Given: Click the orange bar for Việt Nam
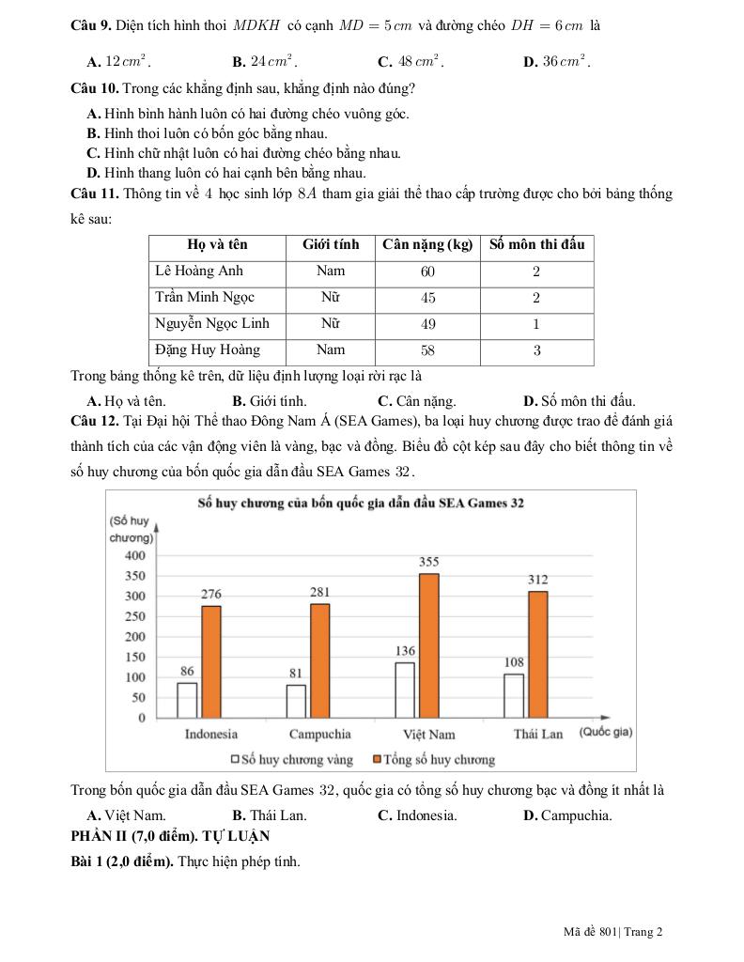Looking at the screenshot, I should (x=428, y=645).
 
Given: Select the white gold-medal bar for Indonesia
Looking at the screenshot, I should (x=187, y=700).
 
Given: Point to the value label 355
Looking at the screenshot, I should (x=428, y=563).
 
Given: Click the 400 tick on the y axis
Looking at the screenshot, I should (x=135, y=555).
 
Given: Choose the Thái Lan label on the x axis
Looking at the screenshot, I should (x=537, y=734).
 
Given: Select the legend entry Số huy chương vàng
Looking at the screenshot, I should (x=291, y=759).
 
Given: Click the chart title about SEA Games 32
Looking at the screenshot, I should (x=361, y=503).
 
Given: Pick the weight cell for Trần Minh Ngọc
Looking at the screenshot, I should (x=427, y=298).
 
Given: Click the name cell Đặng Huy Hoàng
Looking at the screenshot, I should (x=208, y=350).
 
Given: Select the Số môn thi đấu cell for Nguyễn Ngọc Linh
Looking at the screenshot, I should (x=536, y=324).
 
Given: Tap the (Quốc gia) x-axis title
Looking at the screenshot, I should (x=605, y=732).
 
